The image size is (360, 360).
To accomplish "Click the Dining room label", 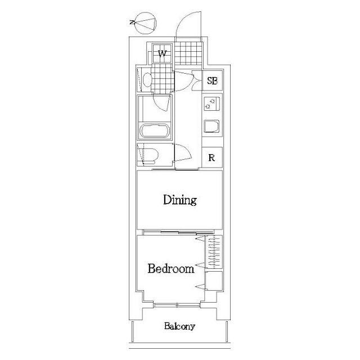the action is (180, 200).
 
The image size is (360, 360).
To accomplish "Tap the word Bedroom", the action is (171, 268).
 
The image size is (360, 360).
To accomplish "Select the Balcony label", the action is (179, 326).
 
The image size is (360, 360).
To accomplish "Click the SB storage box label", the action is (212, 80).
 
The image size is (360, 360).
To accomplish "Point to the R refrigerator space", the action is (211, 157).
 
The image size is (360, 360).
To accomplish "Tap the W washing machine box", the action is (163, 53).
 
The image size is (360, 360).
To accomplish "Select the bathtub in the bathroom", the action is (155, 131).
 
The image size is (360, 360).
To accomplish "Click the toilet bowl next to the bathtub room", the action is (150, 155).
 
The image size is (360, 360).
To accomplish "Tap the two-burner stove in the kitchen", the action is (211, 103).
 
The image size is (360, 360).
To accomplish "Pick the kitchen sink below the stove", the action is (211, 126).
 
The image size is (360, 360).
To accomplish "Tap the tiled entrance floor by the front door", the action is (188, 53).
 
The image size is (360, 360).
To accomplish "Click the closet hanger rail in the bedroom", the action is (214, 252).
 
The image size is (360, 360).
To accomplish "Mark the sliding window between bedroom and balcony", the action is (177, 305).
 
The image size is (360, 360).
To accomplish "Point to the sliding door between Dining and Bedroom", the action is (178, 232).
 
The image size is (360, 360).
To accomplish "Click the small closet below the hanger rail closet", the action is (214, 281).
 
